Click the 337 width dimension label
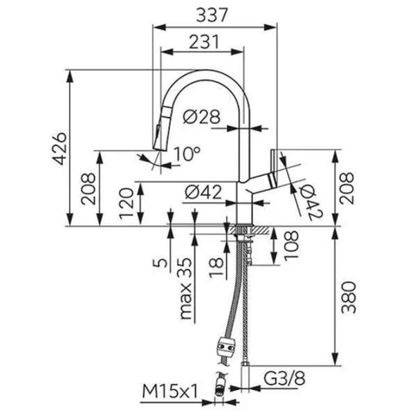pos(212,15)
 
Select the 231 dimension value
pos(204,41)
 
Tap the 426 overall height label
pos(59,149)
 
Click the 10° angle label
pos(187,154)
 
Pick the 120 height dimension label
pos(127,203)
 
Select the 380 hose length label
pos(349,297)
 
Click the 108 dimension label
pos(291,246)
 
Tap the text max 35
pos(185,288)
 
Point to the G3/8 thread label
pos(284,378)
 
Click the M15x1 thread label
pos(170,391)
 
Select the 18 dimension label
pos(216,267)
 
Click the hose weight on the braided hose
pos(225,347)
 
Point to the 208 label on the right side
pos(347,188)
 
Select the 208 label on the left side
pos(88,189)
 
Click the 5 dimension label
pos(160,263)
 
